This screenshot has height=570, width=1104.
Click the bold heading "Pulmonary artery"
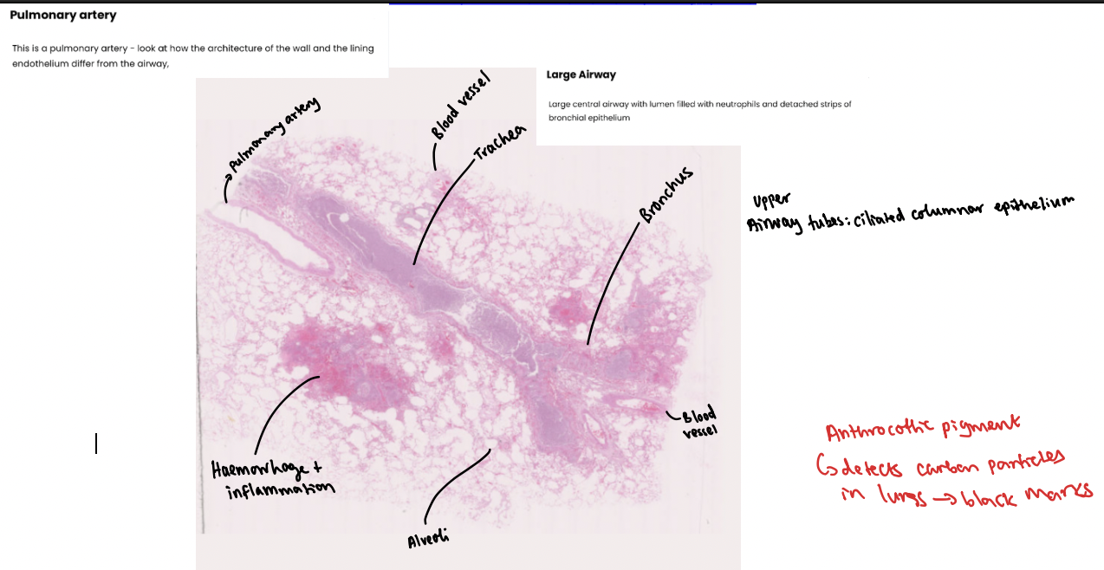pos(63,16)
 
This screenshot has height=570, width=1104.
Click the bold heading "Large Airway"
pos(581,74)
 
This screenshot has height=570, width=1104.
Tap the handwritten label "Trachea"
pos(500,145)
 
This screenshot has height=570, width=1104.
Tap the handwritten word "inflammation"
pos(279,491)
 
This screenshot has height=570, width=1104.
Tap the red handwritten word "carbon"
pos(949,465)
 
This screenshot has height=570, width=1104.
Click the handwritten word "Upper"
pos(770,201)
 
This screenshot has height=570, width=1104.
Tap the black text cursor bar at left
pos(96,444)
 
